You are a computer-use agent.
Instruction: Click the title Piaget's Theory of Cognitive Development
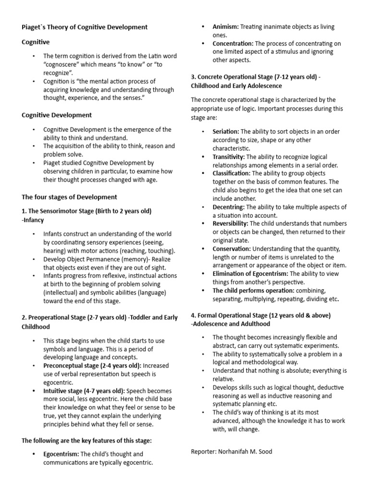tap(85, 27)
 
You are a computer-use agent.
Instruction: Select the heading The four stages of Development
tap(69, 197)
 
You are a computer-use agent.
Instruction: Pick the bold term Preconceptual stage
tap(80, 366)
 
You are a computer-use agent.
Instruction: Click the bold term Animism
tap(225, 27)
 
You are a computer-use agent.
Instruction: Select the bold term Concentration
tap(234, 43)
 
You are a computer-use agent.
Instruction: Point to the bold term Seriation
tap(225, 131)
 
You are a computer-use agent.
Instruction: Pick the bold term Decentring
tap(228, 207)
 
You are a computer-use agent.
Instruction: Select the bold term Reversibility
tap(230, 223)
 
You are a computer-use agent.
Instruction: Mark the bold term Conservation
tap(232, 248)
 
